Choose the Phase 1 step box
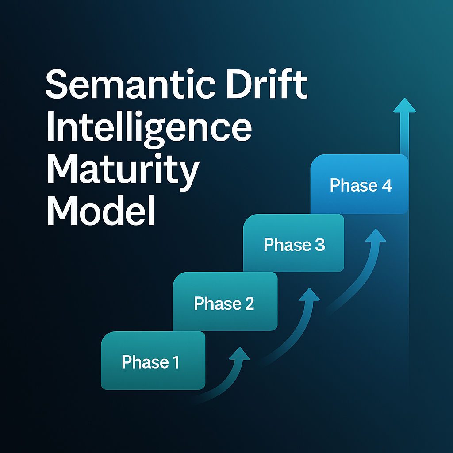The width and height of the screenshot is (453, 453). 153,361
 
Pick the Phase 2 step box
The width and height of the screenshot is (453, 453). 225,301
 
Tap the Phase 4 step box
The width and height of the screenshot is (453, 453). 359,184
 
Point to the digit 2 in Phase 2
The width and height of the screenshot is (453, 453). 249,304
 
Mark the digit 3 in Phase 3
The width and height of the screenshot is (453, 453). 319,245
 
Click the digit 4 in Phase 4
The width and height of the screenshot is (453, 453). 386,186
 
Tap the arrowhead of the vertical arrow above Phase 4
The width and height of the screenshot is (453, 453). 405,106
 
